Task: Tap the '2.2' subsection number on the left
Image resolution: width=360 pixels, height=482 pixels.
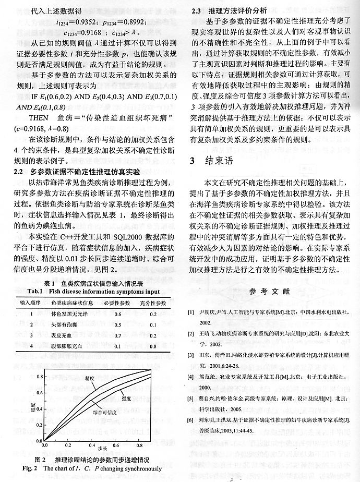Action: (x=20, y=171)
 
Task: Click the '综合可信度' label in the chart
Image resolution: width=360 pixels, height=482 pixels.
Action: (x=109, y=412)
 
